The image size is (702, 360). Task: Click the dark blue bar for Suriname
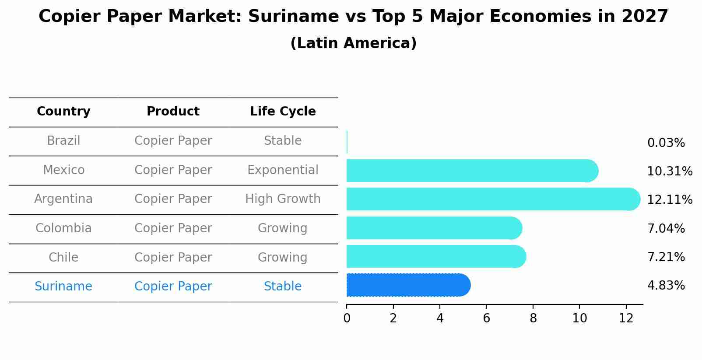(x=407, y=285)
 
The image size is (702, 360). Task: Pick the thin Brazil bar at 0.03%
(x=347, y=142)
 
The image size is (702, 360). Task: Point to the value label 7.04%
(x=666, y=228)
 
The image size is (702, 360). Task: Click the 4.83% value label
(x=666, y=286)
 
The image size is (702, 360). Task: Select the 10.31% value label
(x=669, y=171)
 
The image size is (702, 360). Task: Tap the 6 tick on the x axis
(x=486, y=318)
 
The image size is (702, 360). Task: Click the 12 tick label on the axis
(x=626, y=318)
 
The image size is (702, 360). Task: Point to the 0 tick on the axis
(x=347, y=318)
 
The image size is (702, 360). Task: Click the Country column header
(x=63, y=112)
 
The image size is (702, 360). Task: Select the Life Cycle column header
(x=283, y=112)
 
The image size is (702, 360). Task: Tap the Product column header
(x=173, y=112)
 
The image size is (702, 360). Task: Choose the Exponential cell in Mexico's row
(x=283, y=170)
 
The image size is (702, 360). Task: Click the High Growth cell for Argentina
(x=283, y=199)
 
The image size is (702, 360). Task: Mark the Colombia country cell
(x=63, y=228)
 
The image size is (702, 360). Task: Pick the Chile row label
(x=63, y=257)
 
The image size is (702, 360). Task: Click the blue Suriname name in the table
(x=63, y=287)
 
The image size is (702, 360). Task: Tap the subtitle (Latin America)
(x=353, y=43)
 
